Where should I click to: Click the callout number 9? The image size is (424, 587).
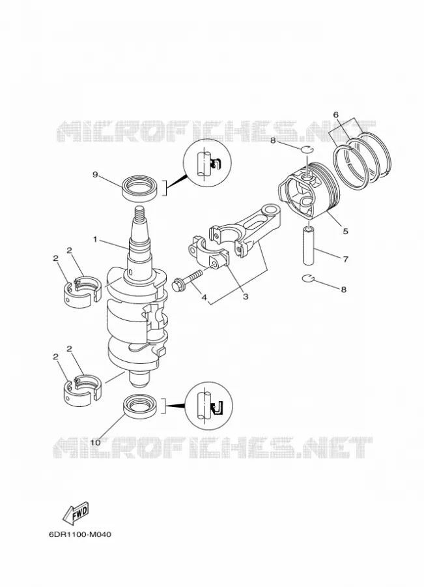[95, 174]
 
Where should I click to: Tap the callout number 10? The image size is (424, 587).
[95, 442]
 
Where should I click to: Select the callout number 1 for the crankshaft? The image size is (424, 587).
[95, 239]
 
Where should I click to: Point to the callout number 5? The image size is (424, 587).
[345, 231]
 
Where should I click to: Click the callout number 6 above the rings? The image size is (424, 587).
[336, 115]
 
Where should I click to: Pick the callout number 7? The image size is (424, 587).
[345, 259]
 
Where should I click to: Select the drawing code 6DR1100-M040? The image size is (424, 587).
[79, 534]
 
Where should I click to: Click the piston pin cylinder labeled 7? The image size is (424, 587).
[308, 245]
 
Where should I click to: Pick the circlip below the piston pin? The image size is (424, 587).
[307, 278]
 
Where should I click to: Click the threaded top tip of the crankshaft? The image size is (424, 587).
[139, 213]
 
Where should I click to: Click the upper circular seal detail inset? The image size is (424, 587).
[207, 163]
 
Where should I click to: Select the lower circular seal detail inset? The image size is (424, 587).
[208, 406]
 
